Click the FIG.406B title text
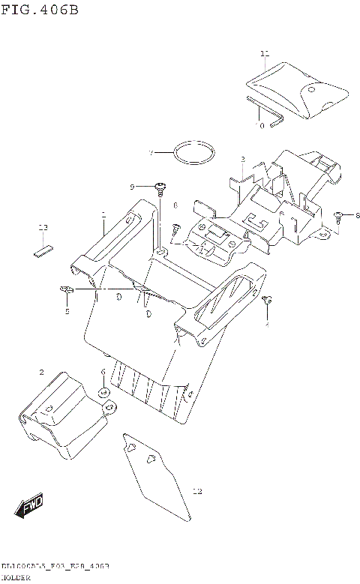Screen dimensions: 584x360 (39, 10)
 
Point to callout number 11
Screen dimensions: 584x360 (264, 54)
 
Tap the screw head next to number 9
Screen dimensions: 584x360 (160, 185)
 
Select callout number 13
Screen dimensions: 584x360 (43, 226)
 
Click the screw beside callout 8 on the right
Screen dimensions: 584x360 (339, 216)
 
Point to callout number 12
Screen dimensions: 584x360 (197, 493)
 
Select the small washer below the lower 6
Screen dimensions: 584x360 (103, 391)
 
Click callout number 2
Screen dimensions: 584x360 (42, 372)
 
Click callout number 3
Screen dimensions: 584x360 (243, 160)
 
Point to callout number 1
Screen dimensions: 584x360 (103, 214)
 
